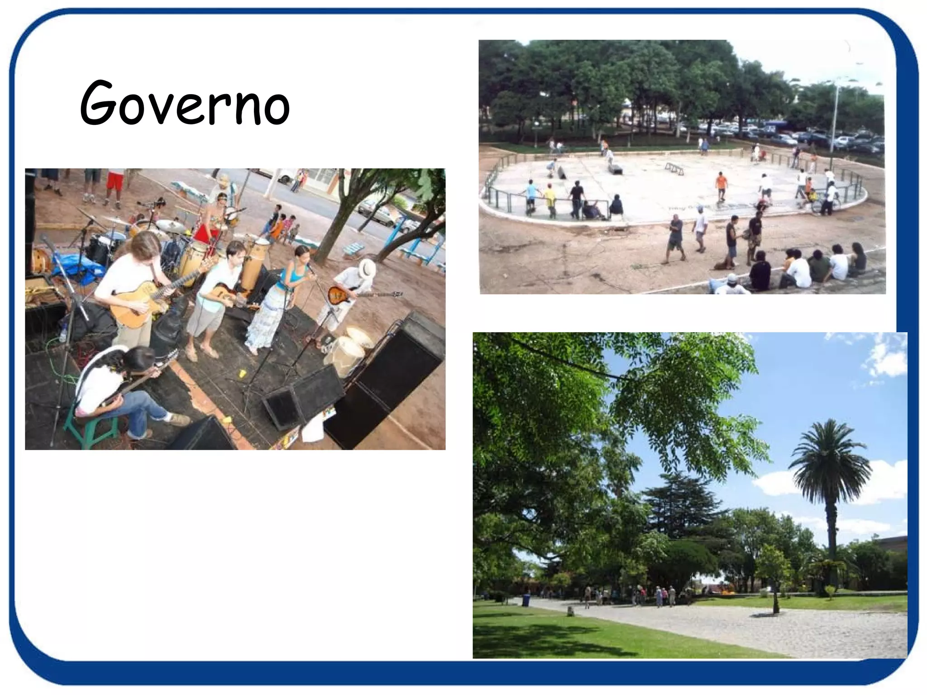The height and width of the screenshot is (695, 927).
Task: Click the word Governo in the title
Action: (185, 103)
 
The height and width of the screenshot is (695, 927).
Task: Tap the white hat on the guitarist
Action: (367, 269)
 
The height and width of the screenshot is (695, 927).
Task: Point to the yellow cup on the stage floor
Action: (242, 373)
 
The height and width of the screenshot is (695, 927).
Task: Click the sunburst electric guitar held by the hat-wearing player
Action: (344, 295)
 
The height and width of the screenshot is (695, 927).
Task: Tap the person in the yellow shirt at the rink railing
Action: (550, 199)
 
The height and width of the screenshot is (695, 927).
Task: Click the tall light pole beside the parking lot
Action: (834, 118)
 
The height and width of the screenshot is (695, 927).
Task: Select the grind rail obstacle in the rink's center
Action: (674, 168)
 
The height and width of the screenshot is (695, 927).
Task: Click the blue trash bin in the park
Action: (526, 600)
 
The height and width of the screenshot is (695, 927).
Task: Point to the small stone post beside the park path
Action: (570, 612)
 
